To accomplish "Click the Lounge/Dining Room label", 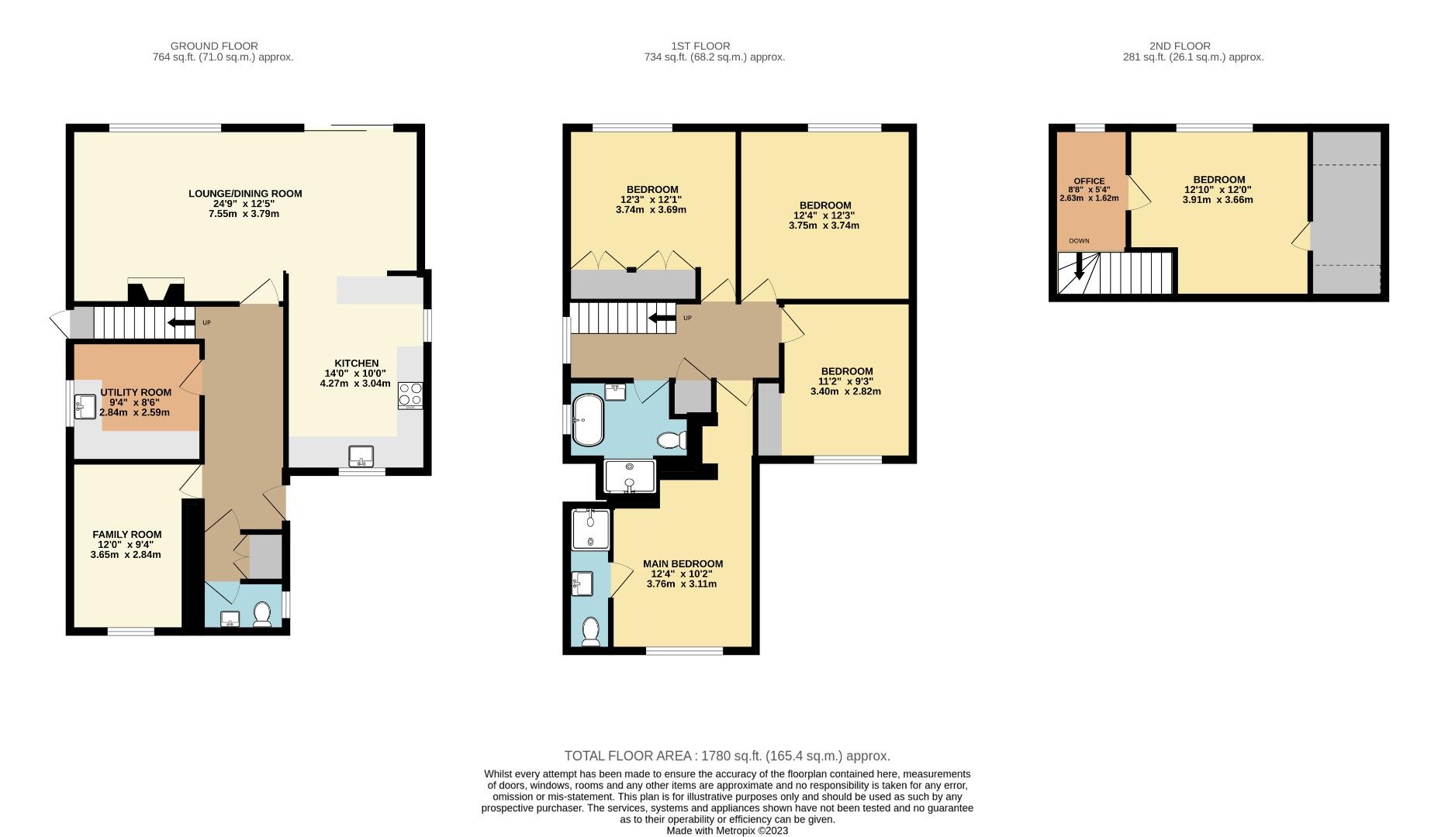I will pyautogui.click(x=245, y=194).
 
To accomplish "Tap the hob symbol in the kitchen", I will pyautogui.click(x=410, y=395).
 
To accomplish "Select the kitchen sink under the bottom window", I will pyautogui.click(x=361, y=456).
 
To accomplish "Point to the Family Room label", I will pyautogui.click(x=127, y=535).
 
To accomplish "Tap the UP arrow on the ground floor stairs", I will pyautogui.click(x=181, y=322).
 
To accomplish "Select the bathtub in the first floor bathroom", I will pyautogui.click(x=587, y=420).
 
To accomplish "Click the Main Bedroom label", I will pyautogui.click(x=683, y=564).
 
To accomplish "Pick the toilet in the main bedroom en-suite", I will pyautogui.click(x=592, y=631).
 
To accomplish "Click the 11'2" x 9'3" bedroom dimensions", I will pyautogui.click(x=846, y=381).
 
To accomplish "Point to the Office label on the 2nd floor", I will pyautogui.click(x=1089, y=181).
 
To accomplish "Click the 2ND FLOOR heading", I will pyautogui.click(x=1179, y=46).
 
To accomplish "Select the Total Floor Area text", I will pyautogui.click(x=727, y=756).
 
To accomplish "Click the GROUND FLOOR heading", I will pyautogui.click(x=214, y=46).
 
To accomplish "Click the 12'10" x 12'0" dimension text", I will pyautogui.click(x=1218, y=190).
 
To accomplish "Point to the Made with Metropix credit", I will pyautogui.click(x=727, y=830).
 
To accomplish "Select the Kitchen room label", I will pyautogui.click(x=356, y=363).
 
